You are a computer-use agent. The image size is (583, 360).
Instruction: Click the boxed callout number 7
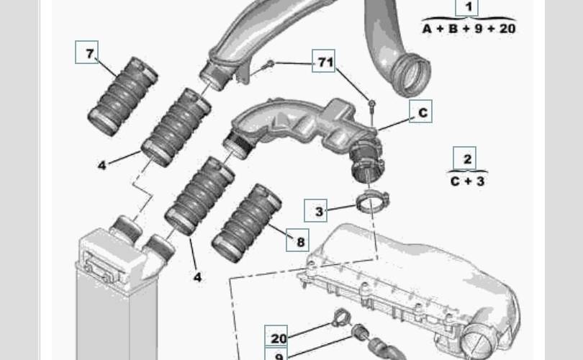86,52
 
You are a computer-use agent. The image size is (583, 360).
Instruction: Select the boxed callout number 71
323,60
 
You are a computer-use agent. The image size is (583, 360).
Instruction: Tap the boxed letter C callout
420,111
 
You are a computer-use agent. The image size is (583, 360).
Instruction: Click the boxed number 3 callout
316,210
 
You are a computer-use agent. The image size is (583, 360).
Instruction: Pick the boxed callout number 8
297,240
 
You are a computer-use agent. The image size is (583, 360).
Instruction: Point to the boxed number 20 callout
276,336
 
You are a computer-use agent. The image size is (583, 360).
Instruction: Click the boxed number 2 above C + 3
464,158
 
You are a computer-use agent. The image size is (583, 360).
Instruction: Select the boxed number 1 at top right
467,6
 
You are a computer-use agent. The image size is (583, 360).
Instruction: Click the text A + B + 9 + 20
469,29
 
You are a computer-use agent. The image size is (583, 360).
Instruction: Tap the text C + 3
467,181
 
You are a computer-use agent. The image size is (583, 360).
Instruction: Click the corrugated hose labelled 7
122,96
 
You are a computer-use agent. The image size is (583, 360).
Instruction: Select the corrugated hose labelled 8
246,223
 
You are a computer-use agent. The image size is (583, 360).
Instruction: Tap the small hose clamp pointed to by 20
340,318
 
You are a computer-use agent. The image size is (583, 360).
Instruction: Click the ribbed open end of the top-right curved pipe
411,76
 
